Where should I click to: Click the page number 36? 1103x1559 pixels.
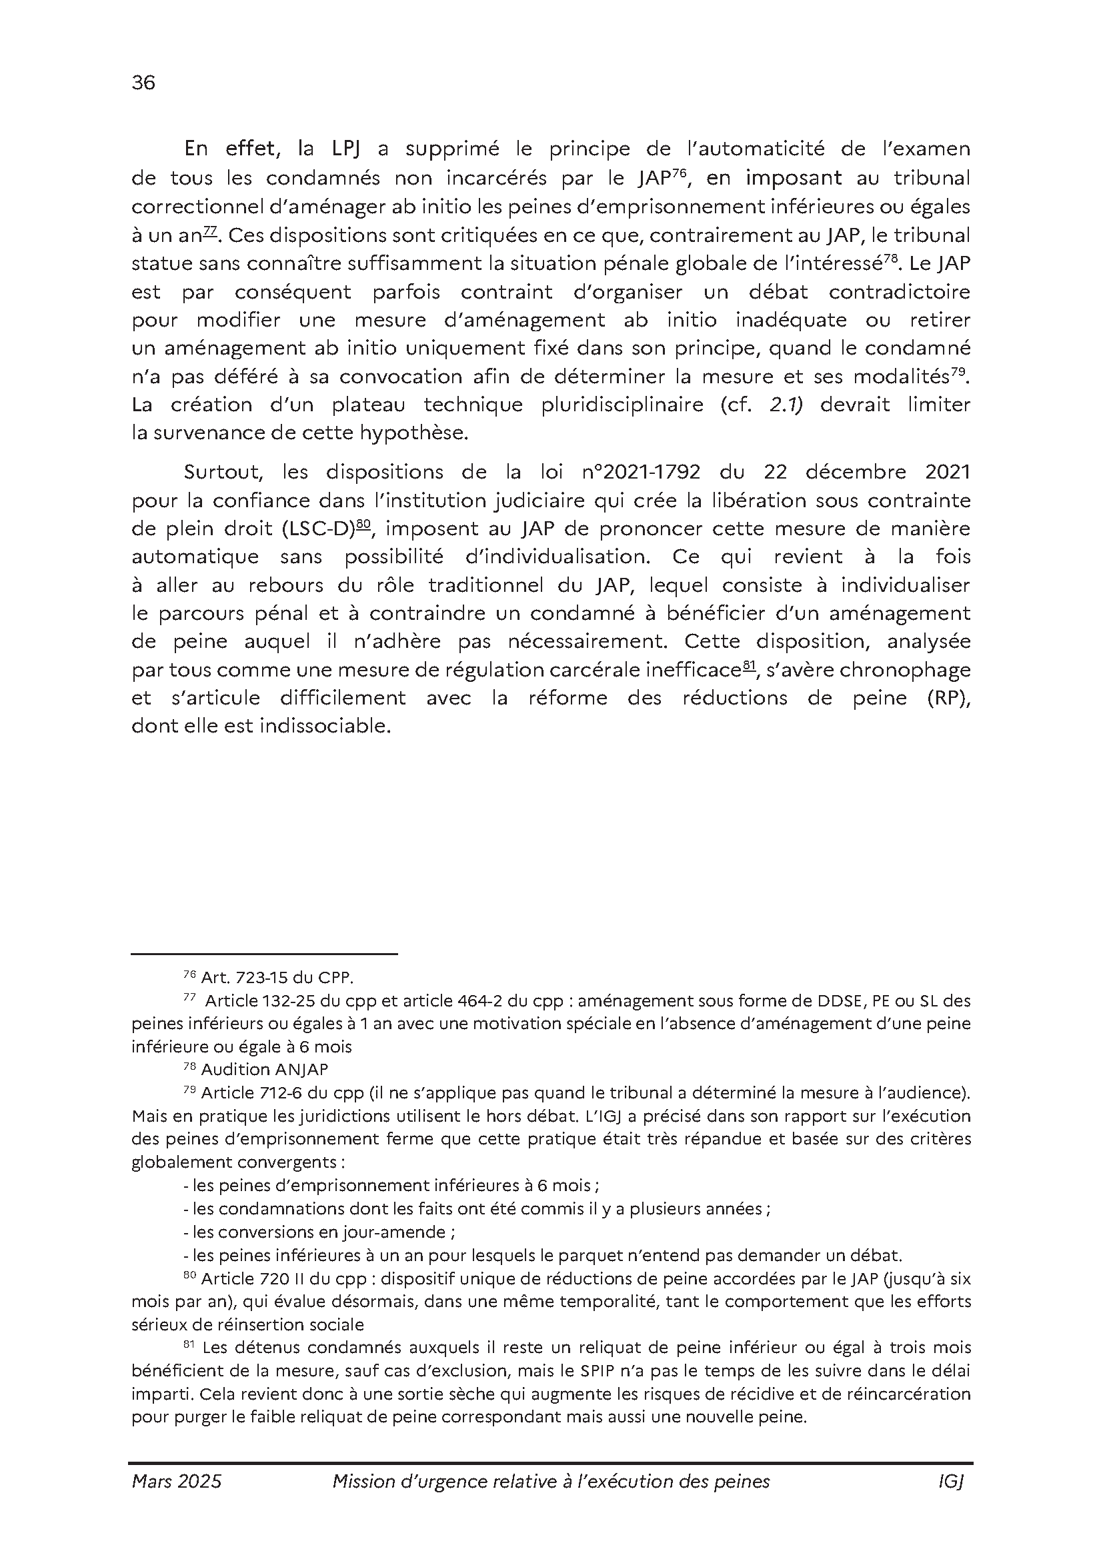pos(143,83)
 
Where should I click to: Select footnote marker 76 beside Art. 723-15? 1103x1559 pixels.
pos(189,974)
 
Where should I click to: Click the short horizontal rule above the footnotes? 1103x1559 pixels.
pos(264,954)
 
